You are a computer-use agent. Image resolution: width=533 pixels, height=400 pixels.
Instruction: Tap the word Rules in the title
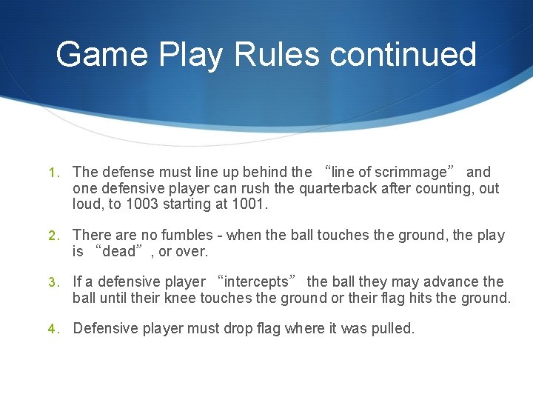click(277, 54)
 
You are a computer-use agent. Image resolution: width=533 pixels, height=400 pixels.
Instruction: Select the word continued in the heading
click(403, 54)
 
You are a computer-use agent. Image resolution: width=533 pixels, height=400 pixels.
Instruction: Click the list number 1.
click(53, 173)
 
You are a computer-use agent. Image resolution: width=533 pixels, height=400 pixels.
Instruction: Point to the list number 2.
click(53, 236)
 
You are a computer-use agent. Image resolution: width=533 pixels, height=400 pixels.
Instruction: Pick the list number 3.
click(53, 282)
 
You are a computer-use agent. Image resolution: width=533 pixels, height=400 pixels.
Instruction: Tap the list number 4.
click(53, 329)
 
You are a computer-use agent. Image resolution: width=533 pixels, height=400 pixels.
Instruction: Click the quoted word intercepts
click(256, 282)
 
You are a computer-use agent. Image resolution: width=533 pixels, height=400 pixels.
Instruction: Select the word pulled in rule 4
click(392, 328)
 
